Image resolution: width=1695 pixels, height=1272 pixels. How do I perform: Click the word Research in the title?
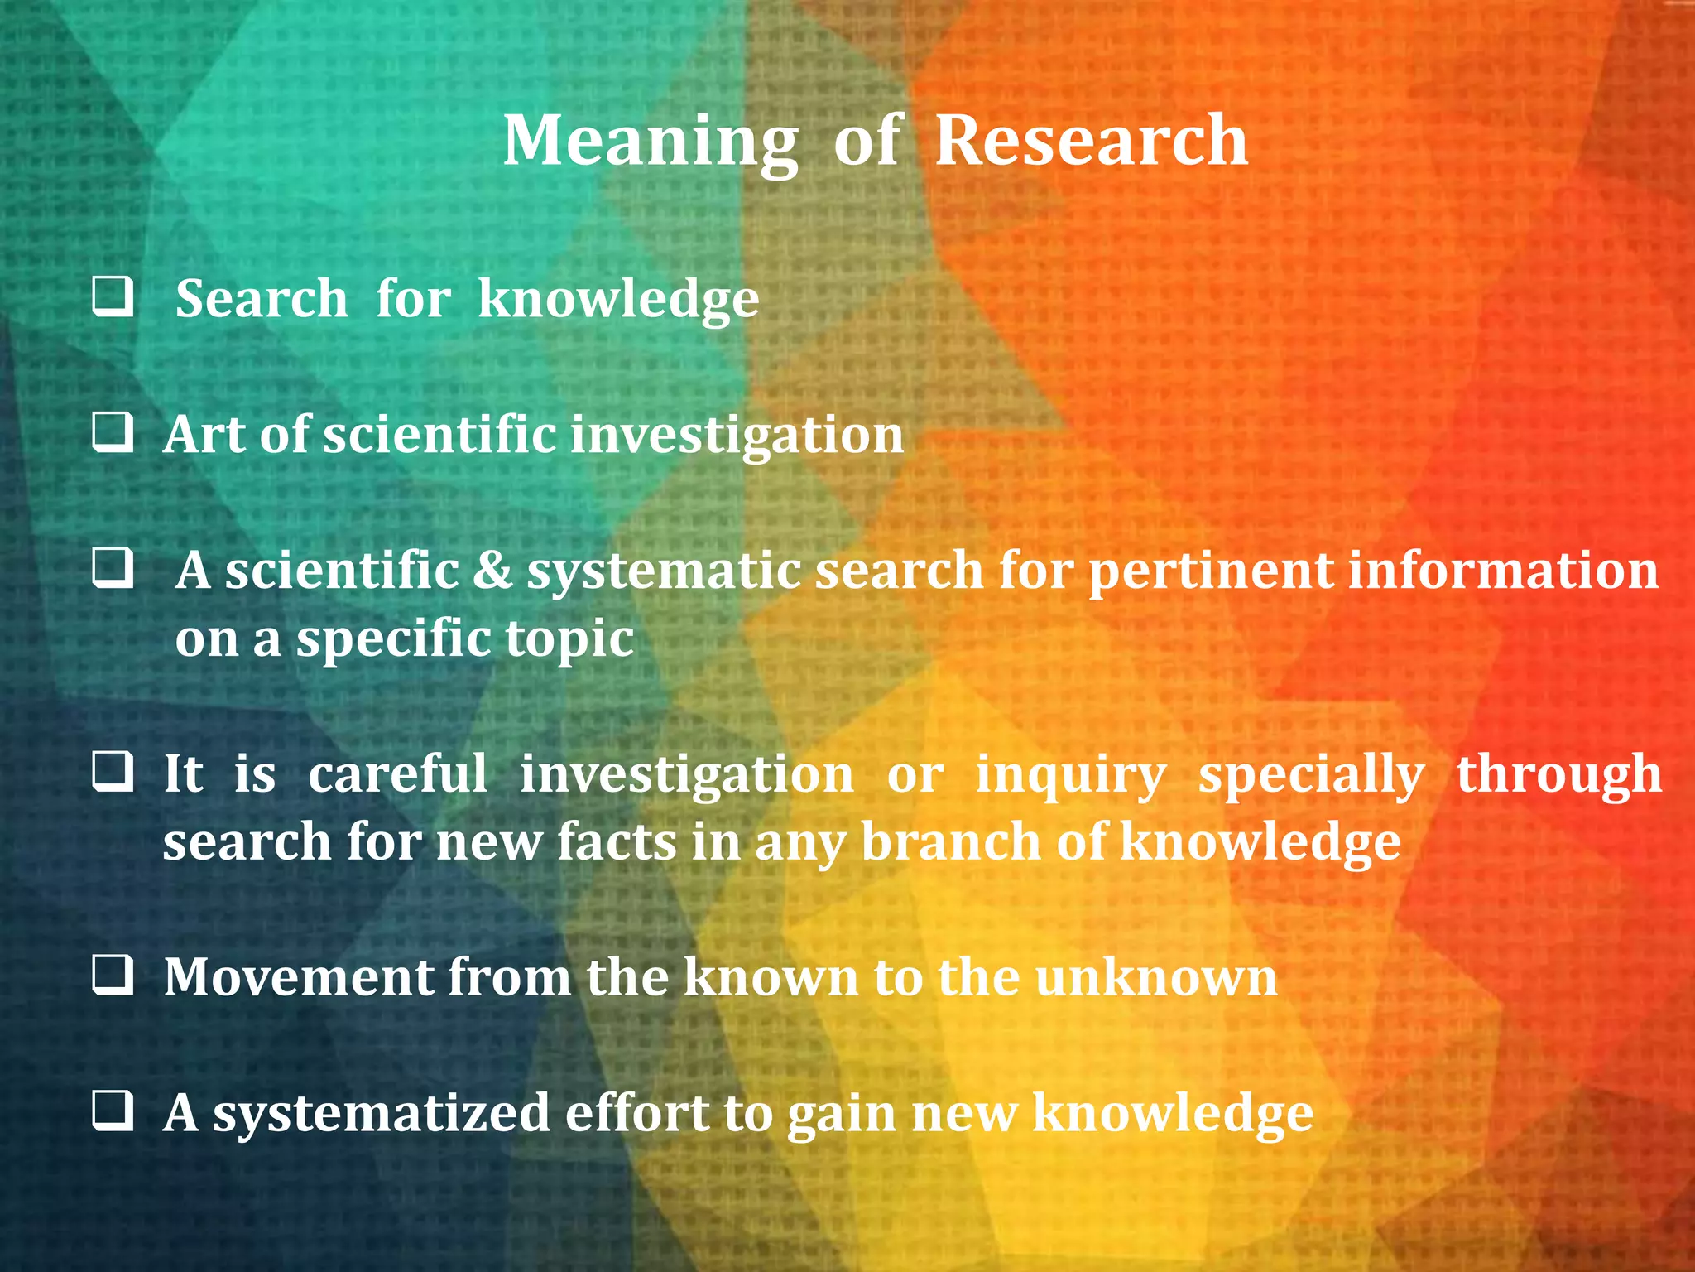pyautogui.click(x=1091, y=141)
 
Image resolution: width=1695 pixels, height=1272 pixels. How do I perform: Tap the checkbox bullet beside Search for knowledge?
pyautogui.click(x=113, y=297)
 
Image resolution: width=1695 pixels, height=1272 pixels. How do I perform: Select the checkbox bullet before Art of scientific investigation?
pyautogui.click(x=113, y=433)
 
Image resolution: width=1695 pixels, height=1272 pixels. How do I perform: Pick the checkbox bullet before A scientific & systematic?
pyautogui.click(x=113, y=569)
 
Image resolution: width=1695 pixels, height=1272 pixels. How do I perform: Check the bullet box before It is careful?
pyautogui.click(x=113, y=772)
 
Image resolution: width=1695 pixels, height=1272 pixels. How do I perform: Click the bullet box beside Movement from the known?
pyautogui.click(x=113, y=975)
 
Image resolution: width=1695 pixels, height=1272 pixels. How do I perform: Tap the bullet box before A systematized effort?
pyautogui.click(x=113, y=1111)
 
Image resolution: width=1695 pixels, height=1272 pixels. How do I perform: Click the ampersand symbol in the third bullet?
pyautogui.click(x=493, y=571)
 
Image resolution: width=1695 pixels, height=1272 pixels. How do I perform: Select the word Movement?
pyautogui.click(x=298, y=977)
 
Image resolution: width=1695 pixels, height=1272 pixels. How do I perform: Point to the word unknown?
pyautogui.click(x=1156, y=977)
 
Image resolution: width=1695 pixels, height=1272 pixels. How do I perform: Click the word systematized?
pyautogui.click(x=382, y=1114)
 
